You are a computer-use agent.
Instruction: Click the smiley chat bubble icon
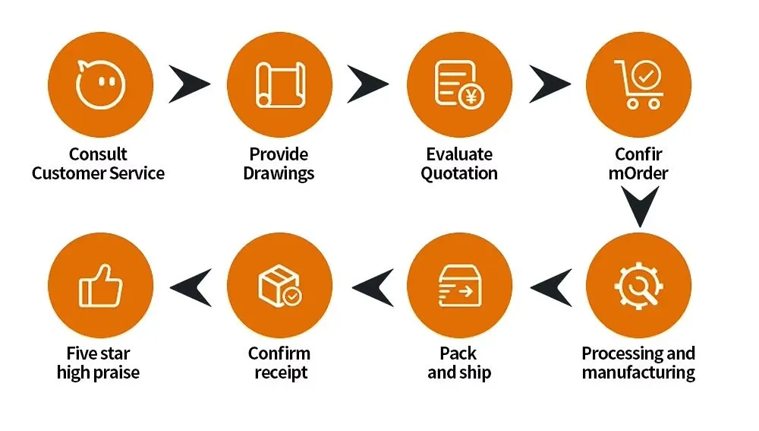(101, 84)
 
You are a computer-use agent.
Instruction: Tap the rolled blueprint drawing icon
(280, 84)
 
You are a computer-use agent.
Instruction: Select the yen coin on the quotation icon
(471, 97)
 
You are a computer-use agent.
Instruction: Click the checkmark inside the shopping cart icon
(646, 75)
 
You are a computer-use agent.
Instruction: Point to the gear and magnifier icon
(638, 286)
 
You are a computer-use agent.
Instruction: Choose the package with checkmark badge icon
(280, 286)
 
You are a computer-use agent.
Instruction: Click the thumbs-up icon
(101, 286)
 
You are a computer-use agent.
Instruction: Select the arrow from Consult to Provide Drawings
(189, 84)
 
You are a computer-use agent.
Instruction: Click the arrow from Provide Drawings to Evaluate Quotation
(368, 84)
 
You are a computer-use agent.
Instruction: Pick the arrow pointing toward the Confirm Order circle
(550, 84)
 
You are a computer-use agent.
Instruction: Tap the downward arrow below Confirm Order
(640, 207)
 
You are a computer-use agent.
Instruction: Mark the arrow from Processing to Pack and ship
(551, 288)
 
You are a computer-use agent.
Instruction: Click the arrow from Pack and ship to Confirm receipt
(373, 288)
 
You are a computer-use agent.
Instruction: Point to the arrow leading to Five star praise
(191, 288)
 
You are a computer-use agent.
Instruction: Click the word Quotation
(459, 173)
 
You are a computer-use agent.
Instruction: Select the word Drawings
(279, 173)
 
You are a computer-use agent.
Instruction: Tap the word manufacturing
(638, 372)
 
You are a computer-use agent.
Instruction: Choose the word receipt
(281, 372)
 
